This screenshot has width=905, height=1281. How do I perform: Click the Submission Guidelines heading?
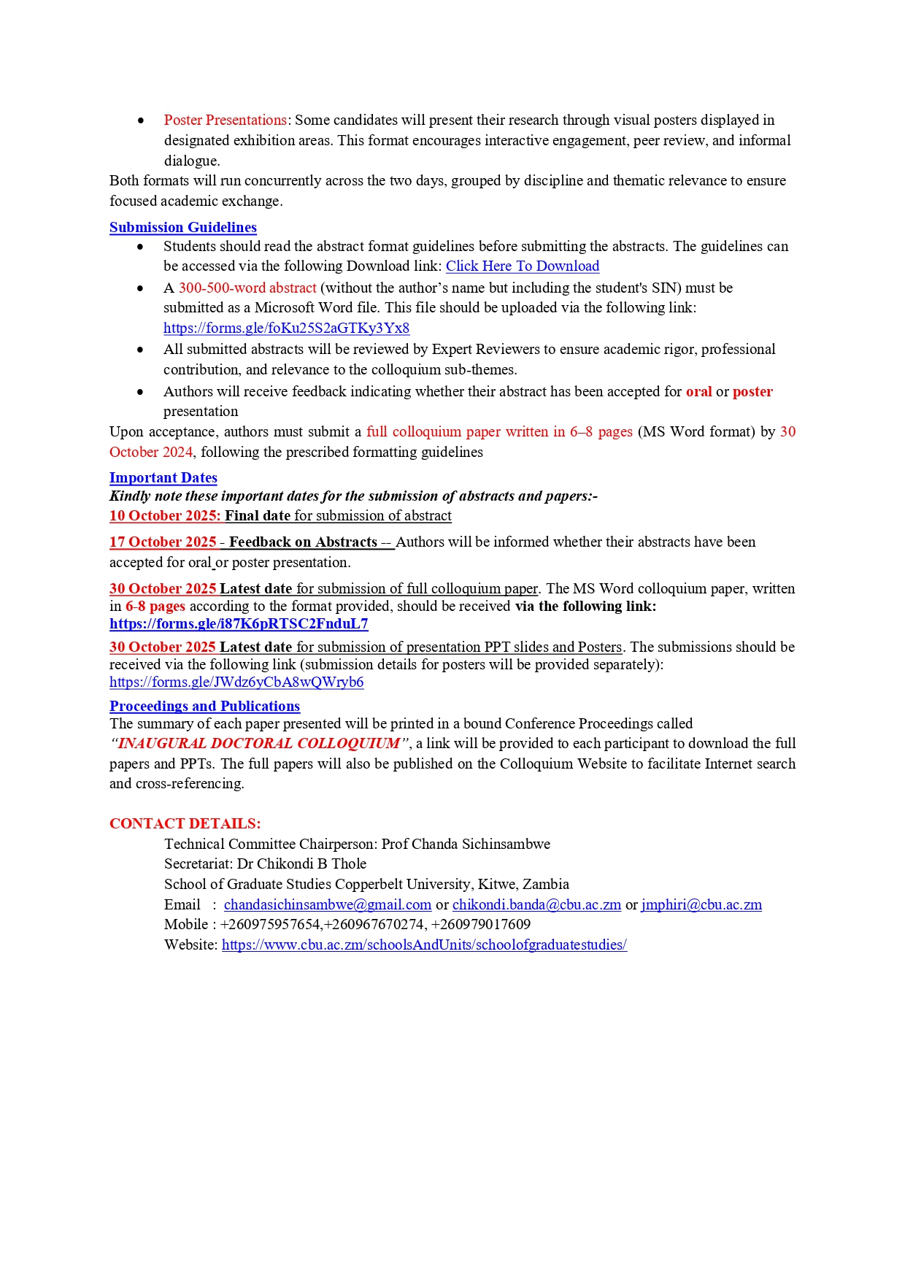tap(182, 227)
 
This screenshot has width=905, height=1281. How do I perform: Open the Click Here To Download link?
tap(522, 266)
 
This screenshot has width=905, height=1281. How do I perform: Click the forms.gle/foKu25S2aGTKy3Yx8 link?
tap(286, 328)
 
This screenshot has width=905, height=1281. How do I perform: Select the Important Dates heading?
tap(163, 477)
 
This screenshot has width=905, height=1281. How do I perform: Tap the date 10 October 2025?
tap(164, 516)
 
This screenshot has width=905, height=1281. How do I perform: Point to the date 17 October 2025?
tap(162, 542)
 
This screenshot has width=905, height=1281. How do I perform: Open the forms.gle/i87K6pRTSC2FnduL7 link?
tap(239, 624)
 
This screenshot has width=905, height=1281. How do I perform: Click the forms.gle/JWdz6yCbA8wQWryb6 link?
tap(236, 682)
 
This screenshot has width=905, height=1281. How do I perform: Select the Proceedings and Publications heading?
tap(204, 706)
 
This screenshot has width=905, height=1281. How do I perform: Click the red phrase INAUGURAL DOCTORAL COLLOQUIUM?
tap(259, 744)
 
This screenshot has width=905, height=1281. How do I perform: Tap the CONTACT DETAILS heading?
tap(185, 823)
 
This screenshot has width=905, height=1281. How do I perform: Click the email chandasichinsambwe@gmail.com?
tap(327, 905)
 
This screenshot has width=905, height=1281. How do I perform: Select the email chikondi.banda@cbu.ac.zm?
tap(536, 905)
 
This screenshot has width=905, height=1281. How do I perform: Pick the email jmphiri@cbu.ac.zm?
tap(701, 905)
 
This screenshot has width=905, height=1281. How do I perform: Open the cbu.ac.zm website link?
tap(424, 945)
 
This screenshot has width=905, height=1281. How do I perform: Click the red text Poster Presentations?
tap(225, 120)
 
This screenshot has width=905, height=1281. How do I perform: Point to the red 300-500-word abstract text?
tap(247, 288)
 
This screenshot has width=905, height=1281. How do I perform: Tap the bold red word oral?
tap(698, 392)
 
